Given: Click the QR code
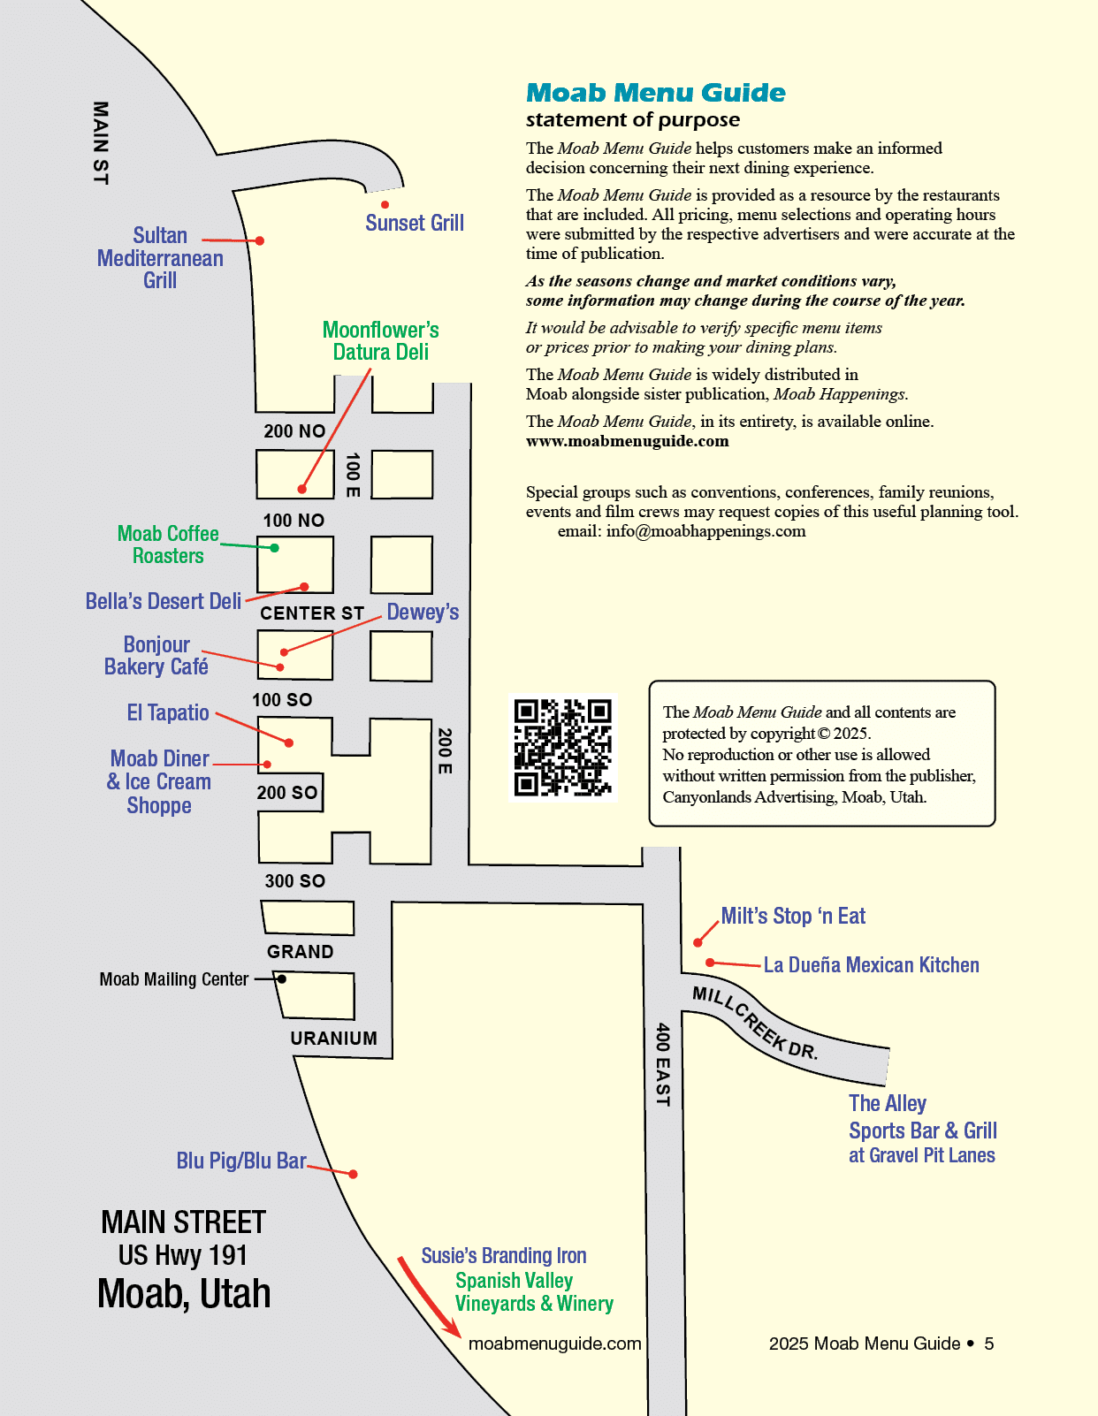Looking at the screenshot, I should point(563,748).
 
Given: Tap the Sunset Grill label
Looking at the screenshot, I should point(415,224).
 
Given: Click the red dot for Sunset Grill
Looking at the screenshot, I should point(385,205).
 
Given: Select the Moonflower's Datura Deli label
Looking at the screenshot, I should point(380,341).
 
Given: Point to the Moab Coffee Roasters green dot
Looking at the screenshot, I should point(275,548).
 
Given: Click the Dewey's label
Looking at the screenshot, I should point(423,612).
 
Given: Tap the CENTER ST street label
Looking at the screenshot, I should point(311,613).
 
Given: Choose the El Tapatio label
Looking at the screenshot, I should point(168,712).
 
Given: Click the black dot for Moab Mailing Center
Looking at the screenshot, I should point(281,979).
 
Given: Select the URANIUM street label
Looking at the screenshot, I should point(333,1039).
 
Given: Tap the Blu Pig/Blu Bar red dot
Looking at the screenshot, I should point(353,1174).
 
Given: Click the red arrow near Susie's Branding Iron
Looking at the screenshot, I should point(429,1297).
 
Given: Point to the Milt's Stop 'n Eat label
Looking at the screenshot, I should point(793,916).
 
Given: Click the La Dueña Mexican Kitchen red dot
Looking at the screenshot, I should point(709,963).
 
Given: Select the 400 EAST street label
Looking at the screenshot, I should point(662,1064).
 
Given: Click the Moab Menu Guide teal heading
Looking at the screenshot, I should point(655,93).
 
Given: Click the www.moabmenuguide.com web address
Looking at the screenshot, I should point(627,441).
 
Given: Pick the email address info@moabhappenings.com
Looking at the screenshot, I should point(705,531).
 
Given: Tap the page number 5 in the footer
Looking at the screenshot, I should point(989,1344).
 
